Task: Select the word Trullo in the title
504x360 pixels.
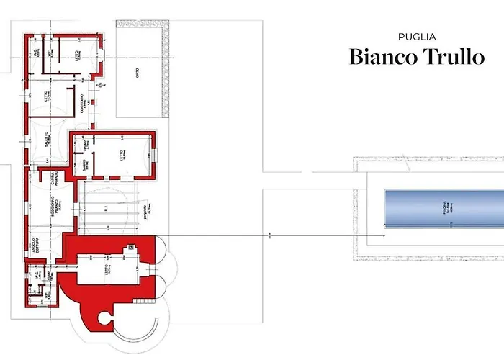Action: click(x=451, y=57)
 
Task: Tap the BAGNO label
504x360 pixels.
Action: click(x=84, y=168)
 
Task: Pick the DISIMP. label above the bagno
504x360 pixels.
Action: click(x=84, y=145)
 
